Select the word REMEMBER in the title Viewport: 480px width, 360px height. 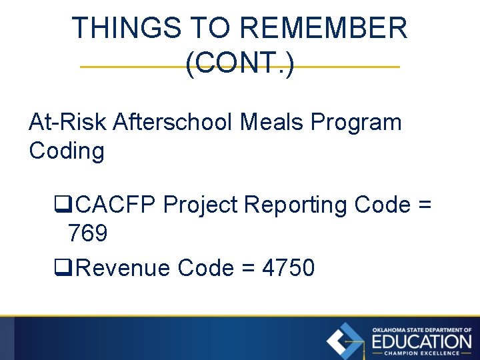pyautogui.click(x=323, y=29)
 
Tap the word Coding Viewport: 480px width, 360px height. pyautogui.click(x=67, y=151)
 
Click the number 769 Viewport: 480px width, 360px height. pyautogui.click(x=87, y=233)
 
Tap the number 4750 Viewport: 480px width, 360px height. pyautogui.click(x=288, y=268)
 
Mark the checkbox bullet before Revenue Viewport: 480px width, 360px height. pyautogui.click(x=60, y=269)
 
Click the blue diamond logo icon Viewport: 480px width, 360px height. pyautogui.click(x=345, y=341)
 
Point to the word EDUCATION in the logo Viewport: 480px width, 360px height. pyautogui.click(x=421, y=342)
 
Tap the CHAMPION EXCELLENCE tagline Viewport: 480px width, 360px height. pyautogui.click(x=421, y=353)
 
